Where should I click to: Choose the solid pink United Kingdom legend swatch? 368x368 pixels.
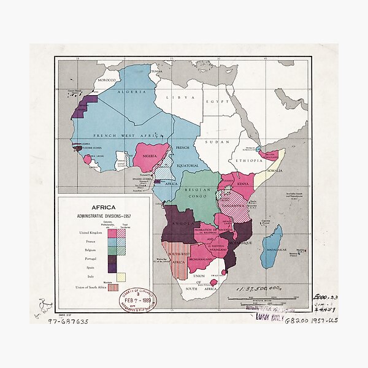(x=112, y=232)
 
